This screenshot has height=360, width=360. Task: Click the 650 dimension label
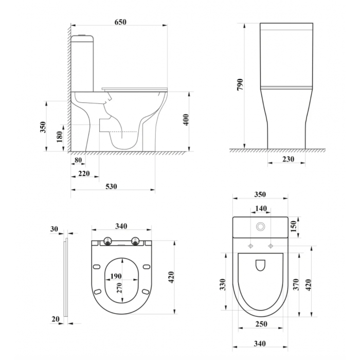pos(120,22)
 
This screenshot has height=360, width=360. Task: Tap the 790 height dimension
pos(240,84)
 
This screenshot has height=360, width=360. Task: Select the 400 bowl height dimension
pos(186,120)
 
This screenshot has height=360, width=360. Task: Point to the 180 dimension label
pos(60,137)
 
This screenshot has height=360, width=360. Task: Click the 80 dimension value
pos(78,160)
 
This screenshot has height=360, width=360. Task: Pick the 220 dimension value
pos(84,173)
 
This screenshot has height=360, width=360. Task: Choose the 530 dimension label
pos(112,186)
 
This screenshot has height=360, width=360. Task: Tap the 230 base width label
pos(288,159)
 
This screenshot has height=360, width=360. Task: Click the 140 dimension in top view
pos(261,208)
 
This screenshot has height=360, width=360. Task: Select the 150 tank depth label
pos(294,227)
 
